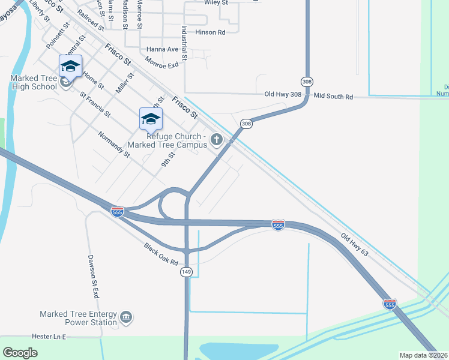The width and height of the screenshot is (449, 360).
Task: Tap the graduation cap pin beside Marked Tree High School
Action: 70,67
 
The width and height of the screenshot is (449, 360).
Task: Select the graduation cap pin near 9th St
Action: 151,119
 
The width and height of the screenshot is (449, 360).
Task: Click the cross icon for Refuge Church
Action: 217,140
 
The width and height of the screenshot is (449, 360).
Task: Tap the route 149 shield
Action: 186,272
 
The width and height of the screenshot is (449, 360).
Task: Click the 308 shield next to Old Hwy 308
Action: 307,81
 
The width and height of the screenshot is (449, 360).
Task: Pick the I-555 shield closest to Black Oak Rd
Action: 118,212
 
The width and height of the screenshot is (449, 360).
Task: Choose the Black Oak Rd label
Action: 161,254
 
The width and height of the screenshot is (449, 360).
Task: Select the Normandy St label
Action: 114,145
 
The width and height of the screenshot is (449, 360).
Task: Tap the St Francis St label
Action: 95,103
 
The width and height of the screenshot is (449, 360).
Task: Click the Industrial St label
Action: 183,43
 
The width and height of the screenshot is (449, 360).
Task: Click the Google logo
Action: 20,353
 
